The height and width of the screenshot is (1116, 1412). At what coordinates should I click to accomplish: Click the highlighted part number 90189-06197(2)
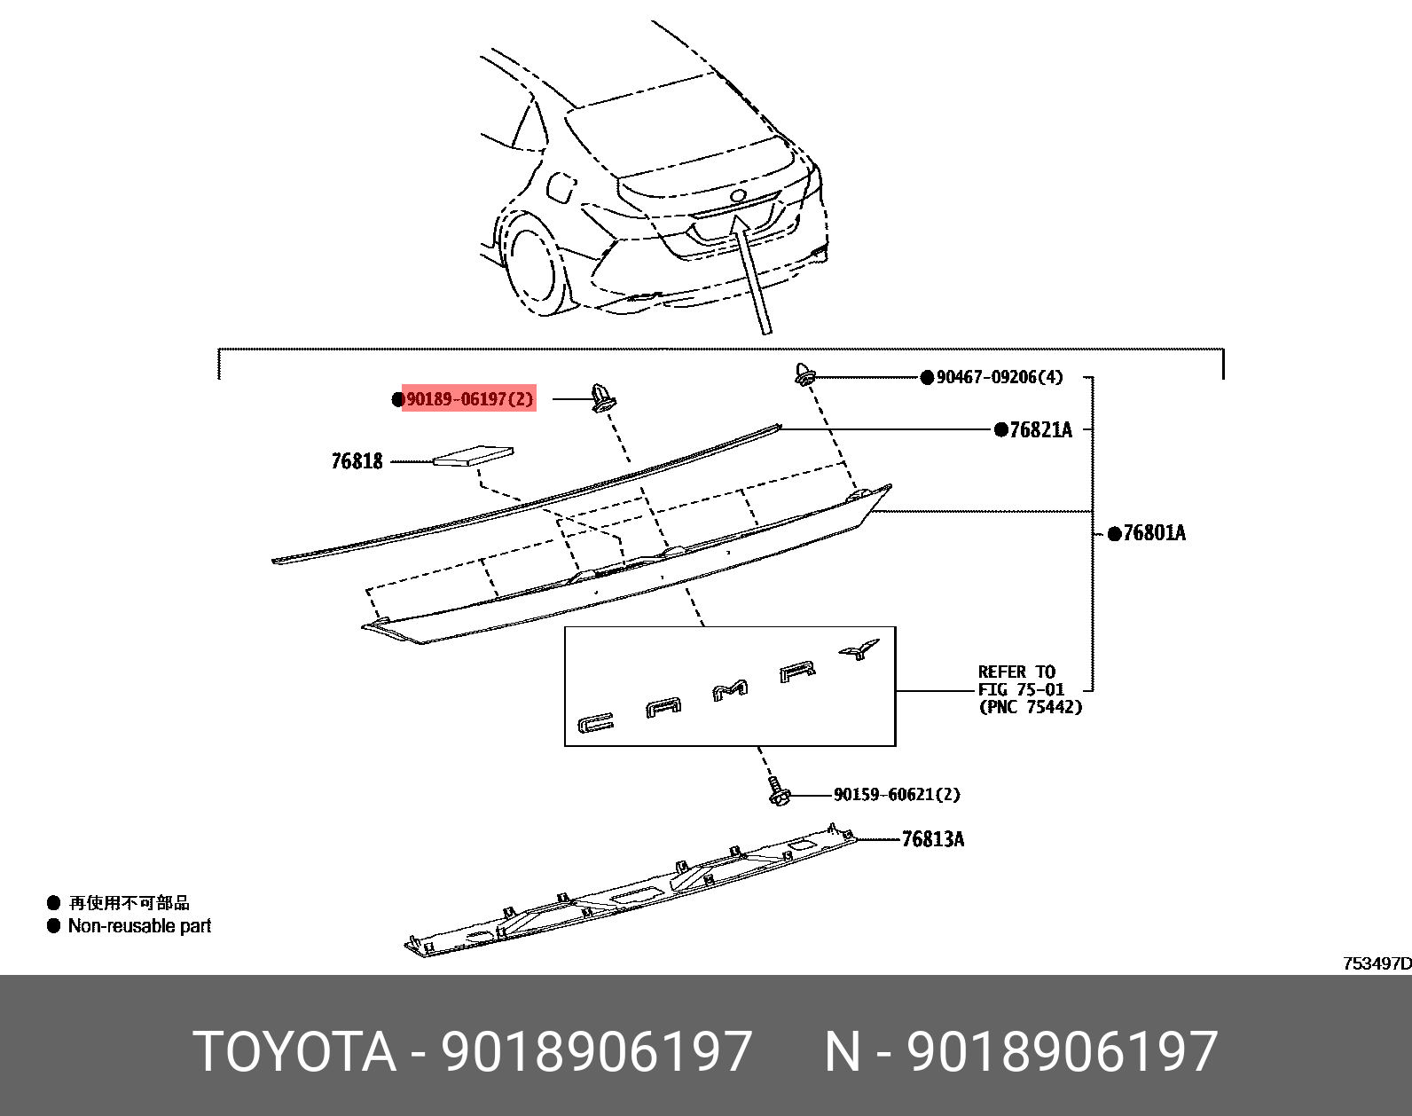(469, 399)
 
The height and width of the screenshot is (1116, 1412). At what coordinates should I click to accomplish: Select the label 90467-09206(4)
(999, 377)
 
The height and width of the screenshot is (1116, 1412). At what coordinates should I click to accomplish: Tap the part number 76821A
(1039, 430)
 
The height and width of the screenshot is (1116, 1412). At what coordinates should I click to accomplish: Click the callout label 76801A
(1153, 533)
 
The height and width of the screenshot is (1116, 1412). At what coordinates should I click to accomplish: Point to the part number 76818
(357, 461)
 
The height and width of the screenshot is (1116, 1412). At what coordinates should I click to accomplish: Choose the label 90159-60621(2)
(896, 795)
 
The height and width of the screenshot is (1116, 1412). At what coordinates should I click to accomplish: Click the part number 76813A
(932, 839)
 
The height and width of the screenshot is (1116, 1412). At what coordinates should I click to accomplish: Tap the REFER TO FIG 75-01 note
(1029, 689)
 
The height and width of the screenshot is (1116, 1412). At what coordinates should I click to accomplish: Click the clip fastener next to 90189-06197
(602, 397)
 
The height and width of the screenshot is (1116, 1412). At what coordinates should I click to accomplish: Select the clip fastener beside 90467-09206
(804, 374)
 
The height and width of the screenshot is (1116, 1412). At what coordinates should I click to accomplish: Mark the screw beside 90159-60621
(779, 791)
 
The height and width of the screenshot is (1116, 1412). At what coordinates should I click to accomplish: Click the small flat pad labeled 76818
(472, 455)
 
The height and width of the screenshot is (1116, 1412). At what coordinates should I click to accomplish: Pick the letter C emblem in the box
(595, 724)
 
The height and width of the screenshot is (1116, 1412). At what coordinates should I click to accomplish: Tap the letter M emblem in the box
(730, 689)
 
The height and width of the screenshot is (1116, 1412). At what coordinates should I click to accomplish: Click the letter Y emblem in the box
(859, 649)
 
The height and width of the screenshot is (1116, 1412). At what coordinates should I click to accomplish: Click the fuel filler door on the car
(561, 187)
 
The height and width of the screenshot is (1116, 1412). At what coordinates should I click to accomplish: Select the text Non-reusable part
(139, 926)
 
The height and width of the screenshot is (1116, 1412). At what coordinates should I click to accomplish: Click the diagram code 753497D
(1376, 963)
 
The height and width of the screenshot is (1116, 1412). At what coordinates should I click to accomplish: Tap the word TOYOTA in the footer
(294, 1052)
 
